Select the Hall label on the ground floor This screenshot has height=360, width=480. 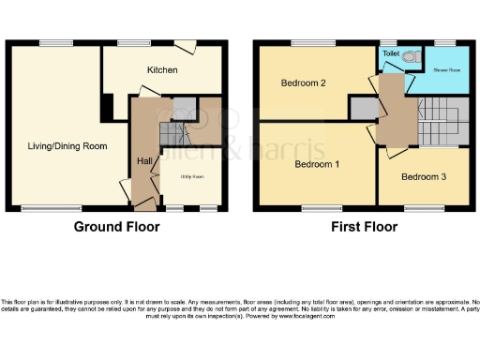[144, 161]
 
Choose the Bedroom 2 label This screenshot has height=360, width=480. [303, 83]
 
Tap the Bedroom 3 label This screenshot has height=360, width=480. [424, 176]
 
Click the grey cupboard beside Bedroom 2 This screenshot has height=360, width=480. [363, 110]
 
